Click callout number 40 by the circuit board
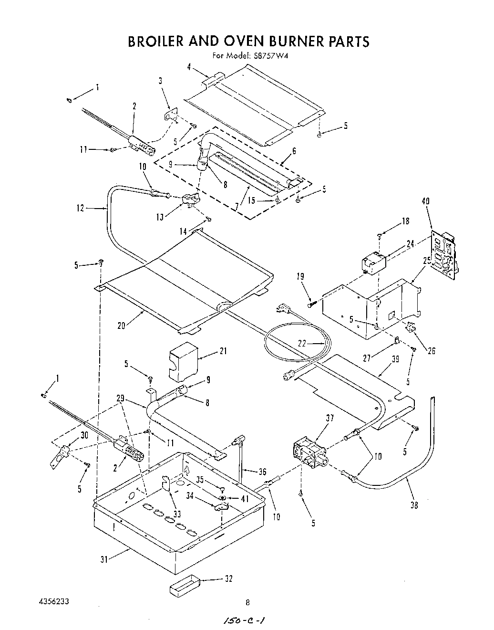[425, 201]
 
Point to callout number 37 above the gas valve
[329, 419]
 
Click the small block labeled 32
[183, 584]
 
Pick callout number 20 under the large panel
[121, 325]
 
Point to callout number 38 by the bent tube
[414, 505]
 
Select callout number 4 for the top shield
[189, 67]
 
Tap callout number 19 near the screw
[300, 276]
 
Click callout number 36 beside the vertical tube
[262, 472]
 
